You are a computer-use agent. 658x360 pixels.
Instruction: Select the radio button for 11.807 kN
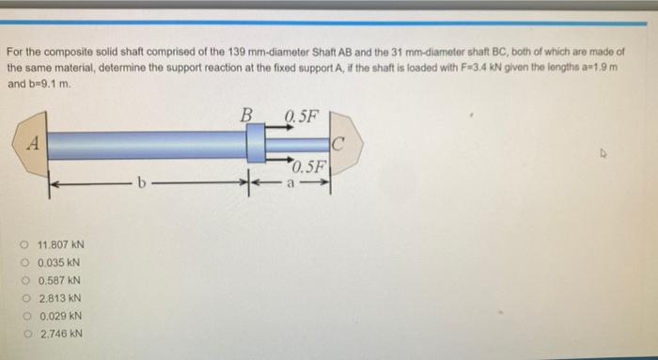point(23,244)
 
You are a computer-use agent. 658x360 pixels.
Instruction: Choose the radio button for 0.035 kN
point(25,262)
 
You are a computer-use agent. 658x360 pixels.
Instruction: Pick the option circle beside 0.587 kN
point(26,280)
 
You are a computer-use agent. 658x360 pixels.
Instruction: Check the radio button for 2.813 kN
point(27,298)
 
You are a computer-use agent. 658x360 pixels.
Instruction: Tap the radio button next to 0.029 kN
point(27,316)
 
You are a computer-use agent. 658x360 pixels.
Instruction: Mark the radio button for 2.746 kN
point(28,334)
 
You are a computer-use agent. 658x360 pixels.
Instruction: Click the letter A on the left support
point(33,144)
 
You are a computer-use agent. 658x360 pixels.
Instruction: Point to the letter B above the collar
point(246,115)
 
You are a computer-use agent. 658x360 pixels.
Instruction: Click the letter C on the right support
point(337,145)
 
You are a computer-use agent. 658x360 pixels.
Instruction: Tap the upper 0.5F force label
point(302,116)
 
